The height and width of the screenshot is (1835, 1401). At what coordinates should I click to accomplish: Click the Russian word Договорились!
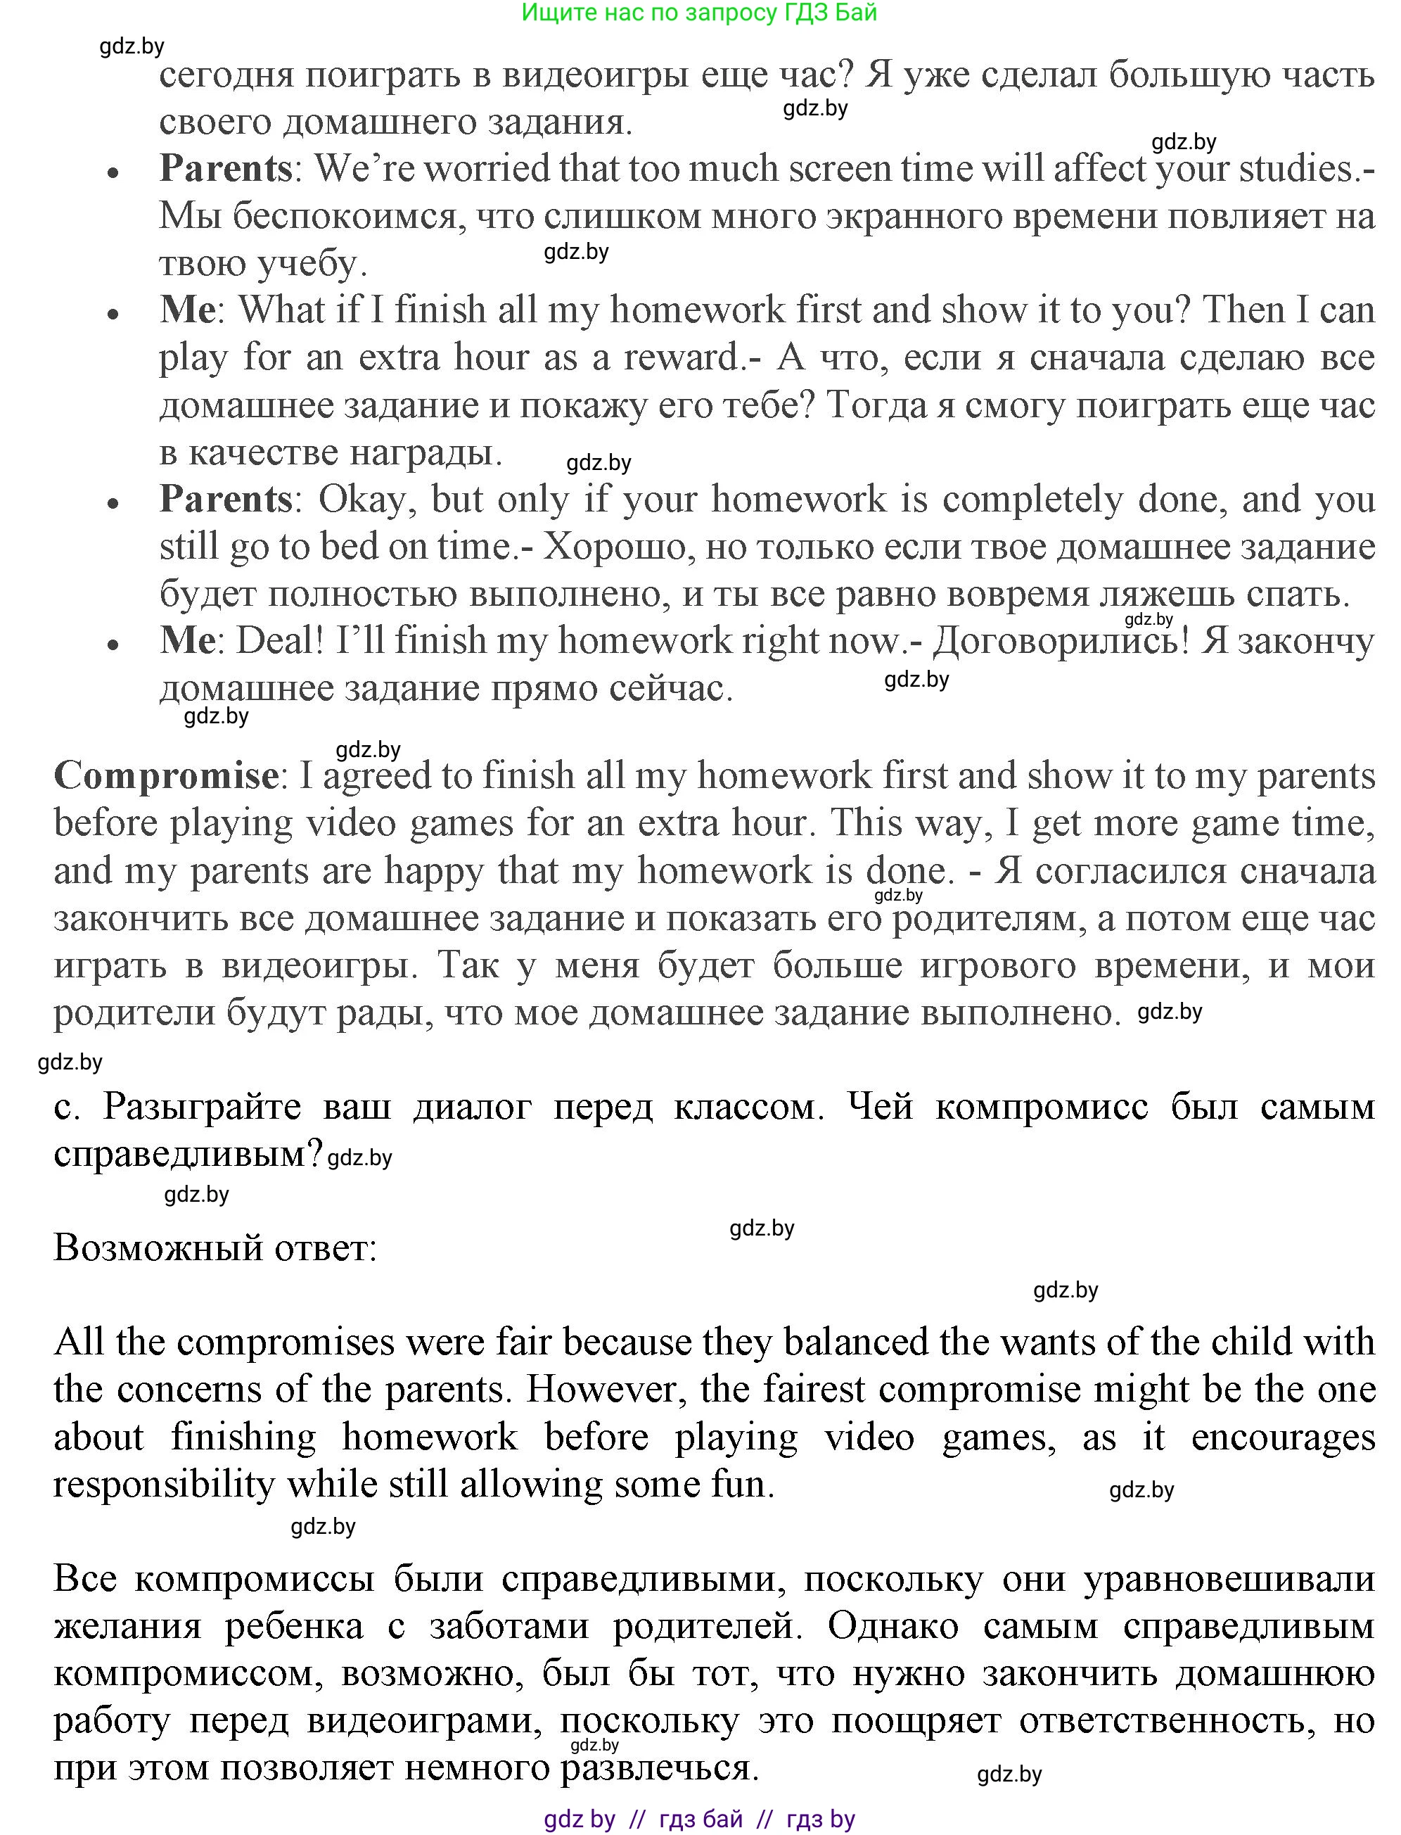pyautogui.click(x=1059, y=640)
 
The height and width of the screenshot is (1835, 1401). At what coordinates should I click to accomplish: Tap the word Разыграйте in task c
pyautogui.click(x=202, y=1107)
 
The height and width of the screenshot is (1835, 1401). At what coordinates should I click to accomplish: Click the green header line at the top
pyautogui.click(x=699, y=13)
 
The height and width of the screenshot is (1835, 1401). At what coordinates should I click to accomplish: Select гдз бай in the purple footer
pyautogui.click(x=700, y=1819)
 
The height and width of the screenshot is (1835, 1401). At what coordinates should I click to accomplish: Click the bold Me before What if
pyautogui.click(x=187, y=310)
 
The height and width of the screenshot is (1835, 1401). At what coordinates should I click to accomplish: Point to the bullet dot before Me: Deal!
pyautogui.click(x=114, y=645)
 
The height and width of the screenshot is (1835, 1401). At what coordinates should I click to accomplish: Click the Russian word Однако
pyautogui.click(x=893, y=1625)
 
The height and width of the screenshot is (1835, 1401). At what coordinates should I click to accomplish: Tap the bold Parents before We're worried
pyautogui.click(x=225, y=168)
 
